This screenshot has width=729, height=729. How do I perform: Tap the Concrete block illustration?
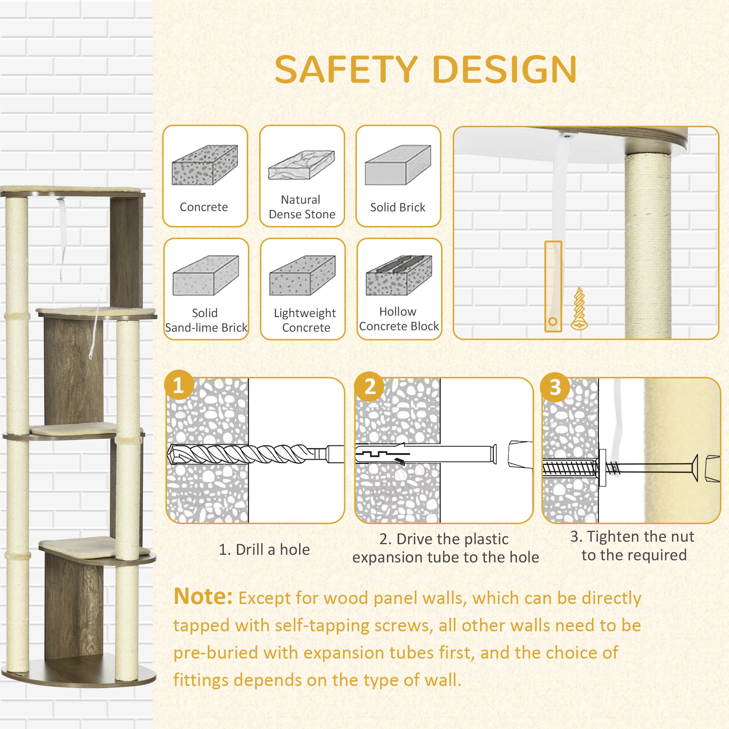tap(205, 165)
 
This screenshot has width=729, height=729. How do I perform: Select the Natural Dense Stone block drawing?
tap(301, 165)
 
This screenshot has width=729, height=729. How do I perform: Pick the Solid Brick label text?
tap(398, 207)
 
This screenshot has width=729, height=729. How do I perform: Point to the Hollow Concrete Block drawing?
tap(399, 276)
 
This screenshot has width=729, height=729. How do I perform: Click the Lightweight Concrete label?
tap(305, 320)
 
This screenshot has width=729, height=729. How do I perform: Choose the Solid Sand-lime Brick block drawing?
tap(206, 276)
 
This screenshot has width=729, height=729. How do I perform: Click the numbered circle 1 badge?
tap(179, 386)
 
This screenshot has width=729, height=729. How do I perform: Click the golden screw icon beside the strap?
tap(579, 309)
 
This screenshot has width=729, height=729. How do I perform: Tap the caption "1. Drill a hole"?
tap(264, 549)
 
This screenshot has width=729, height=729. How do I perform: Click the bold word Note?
tap(203, 597)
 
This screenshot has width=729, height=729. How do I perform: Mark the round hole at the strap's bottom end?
tap(553, 322)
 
